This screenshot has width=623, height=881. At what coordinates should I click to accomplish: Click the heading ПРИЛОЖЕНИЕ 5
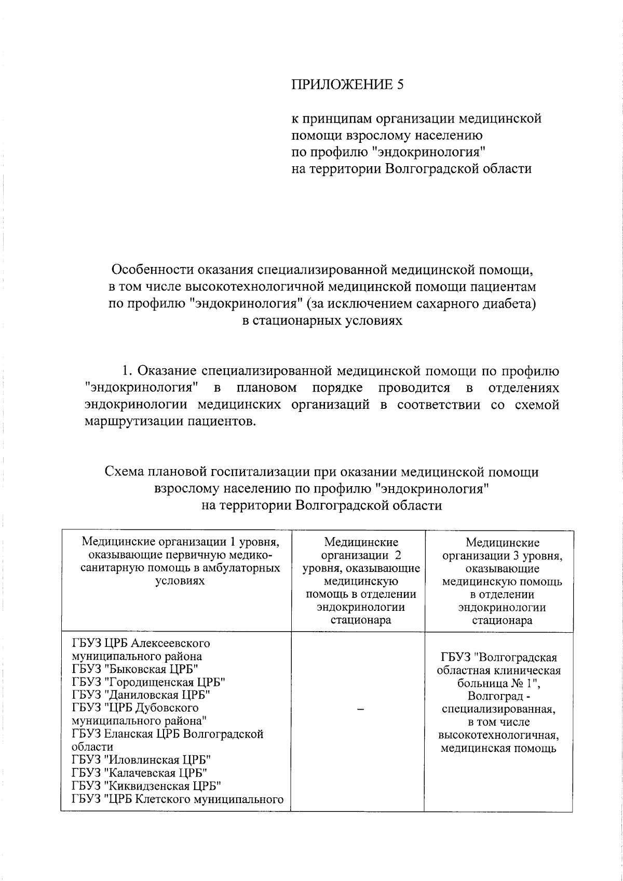[346, 85]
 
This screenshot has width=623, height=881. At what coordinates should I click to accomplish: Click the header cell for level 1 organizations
[180, 562]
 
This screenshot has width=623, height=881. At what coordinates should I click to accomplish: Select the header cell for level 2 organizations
[361, 581]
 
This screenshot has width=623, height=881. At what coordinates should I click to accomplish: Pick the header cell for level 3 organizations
[502, 581]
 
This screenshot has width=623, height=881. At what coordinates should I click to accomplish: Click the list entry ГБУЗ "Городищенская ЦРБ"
[149, 682]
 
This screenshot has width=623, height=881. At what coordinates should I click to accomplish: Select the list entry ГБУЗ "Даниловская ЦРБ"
[141, 695]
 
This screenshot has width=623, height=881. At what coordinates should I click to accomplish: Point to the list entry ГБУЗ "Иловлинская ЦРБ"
[141, 760]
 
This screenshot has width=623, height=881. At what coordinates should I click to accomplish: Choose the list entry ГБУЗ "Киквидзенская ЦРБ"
[147, 786]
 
